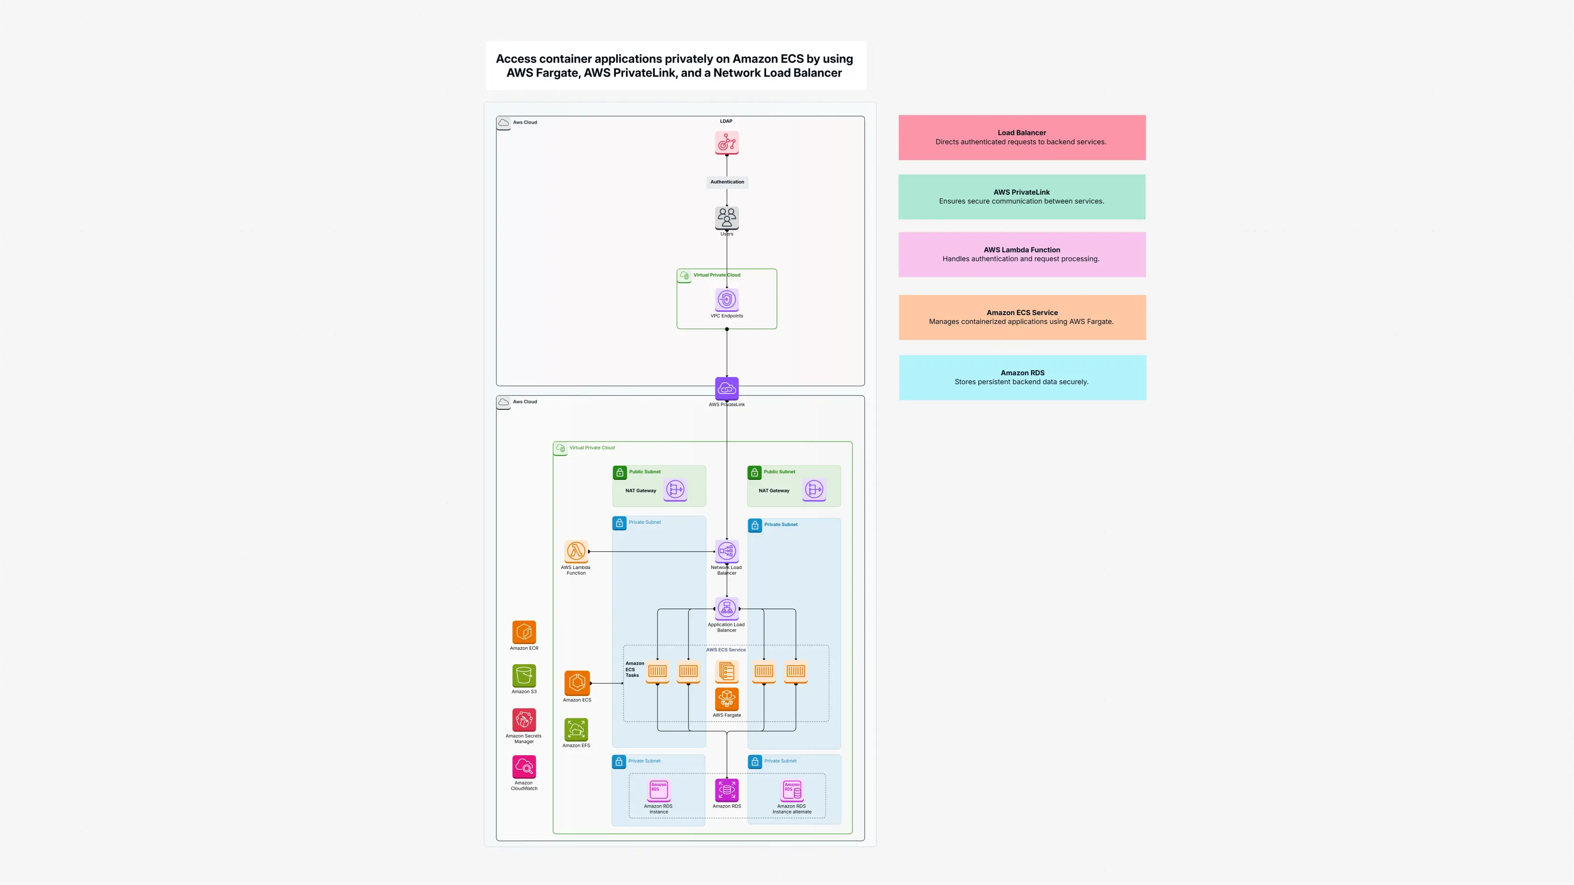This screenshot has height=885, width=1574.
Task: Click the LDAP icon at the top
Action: point(727,142)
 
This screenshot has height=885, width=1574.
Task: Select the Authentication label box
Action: point(727,182)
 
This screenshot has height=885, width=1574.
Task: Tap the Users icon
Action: point(727,217)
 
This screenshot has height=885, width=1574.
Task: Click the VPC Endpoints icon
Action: point(727,300)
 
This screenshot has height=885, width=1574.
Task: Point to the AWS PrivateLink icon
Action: point(727,388)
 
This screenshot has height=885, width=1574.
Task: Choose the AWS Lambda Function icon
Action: point(575,551)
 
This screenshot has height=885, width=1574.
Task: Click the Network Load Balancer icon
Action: point(727,551)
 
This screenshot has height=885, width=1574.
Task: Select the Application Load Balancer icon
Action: point(727,608)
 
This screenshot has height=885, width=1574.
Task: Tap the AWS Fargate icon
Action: point(727,699)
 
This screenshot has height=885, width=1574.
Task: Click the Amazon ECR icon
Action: point(524,632)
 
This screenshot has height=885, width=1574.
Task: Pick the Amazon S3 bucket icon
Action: point(524,675)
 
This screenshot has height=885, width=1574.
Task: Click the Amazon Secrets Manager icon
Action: point(524,720)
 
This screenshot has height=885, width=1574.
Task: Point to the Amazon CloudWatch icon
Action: point(524,766)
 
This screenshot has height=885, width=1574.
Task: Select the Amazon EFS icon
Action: point(575,729)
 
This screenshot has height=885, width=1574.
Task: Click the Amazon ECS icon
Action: point(577,683)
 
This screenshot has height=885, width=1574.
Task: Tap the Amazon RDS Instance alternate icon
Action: point(792,790)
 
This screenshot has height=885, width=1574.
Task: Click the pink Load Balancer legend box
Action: point(1021,138)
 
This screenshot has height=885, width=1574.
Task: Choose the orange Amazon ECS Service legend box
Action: point(1021,317)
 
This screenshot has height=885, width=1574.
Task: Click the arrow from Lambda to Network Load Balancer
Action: point(651,551)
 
